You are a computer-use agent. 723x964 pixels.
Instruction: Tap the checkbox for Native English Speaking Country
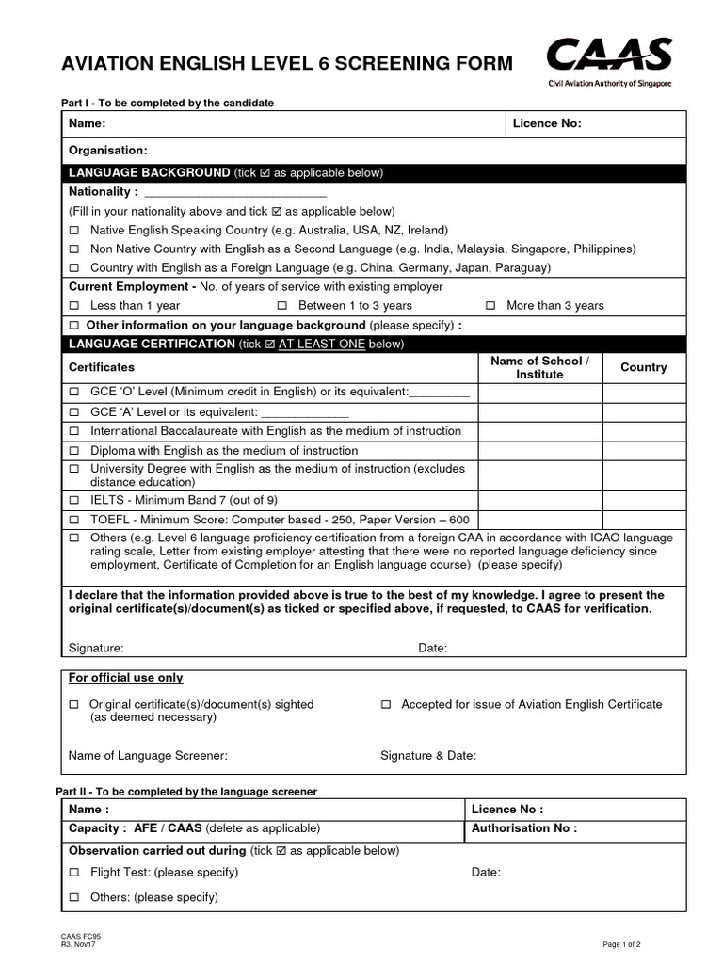(x=74, y=231)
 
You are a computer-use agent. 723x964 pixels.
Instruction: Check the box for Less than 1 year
(x=74, y=306)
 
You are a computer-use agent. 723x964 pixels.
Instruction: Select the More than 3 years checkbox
(x=490, y=306)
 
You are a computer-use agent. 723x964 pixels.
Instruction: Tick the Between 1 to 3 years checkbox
(x=282, y=306)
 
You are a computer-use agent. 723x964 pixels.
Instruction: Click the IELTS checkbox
(x=74, y=500)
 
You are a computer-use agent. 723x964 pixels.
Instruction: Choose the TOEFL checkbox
(x=74, y=520)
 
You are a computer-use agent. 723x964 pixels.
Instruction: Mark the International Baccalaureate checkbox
(x=74, y=431)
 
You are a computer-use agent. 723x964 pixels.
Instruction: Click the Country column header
(x=644, y=367)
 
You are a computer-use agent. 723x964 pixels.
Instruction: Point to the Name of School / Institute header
(x=539, y=367)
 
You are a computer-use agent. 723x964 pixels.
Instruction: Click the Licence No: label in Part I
(x=547, y=123)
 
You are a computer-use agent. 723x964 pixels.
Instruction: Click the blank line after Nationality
(x=235, y=192)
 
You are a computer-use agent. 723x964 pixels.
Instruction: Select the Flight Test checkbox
(x=74, y=873)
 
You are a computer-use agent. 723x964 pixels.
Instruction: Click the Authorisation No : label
(x=523, y=828)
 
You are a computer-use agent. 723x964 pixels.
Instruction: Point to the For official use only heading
(x=126, y=678)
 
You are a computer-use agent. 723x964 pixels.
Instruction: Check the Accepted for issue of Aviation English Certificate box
(x=386, y=705)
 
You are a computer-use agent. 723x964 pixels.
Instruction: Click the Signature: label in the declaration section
(x=96, y=648)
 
